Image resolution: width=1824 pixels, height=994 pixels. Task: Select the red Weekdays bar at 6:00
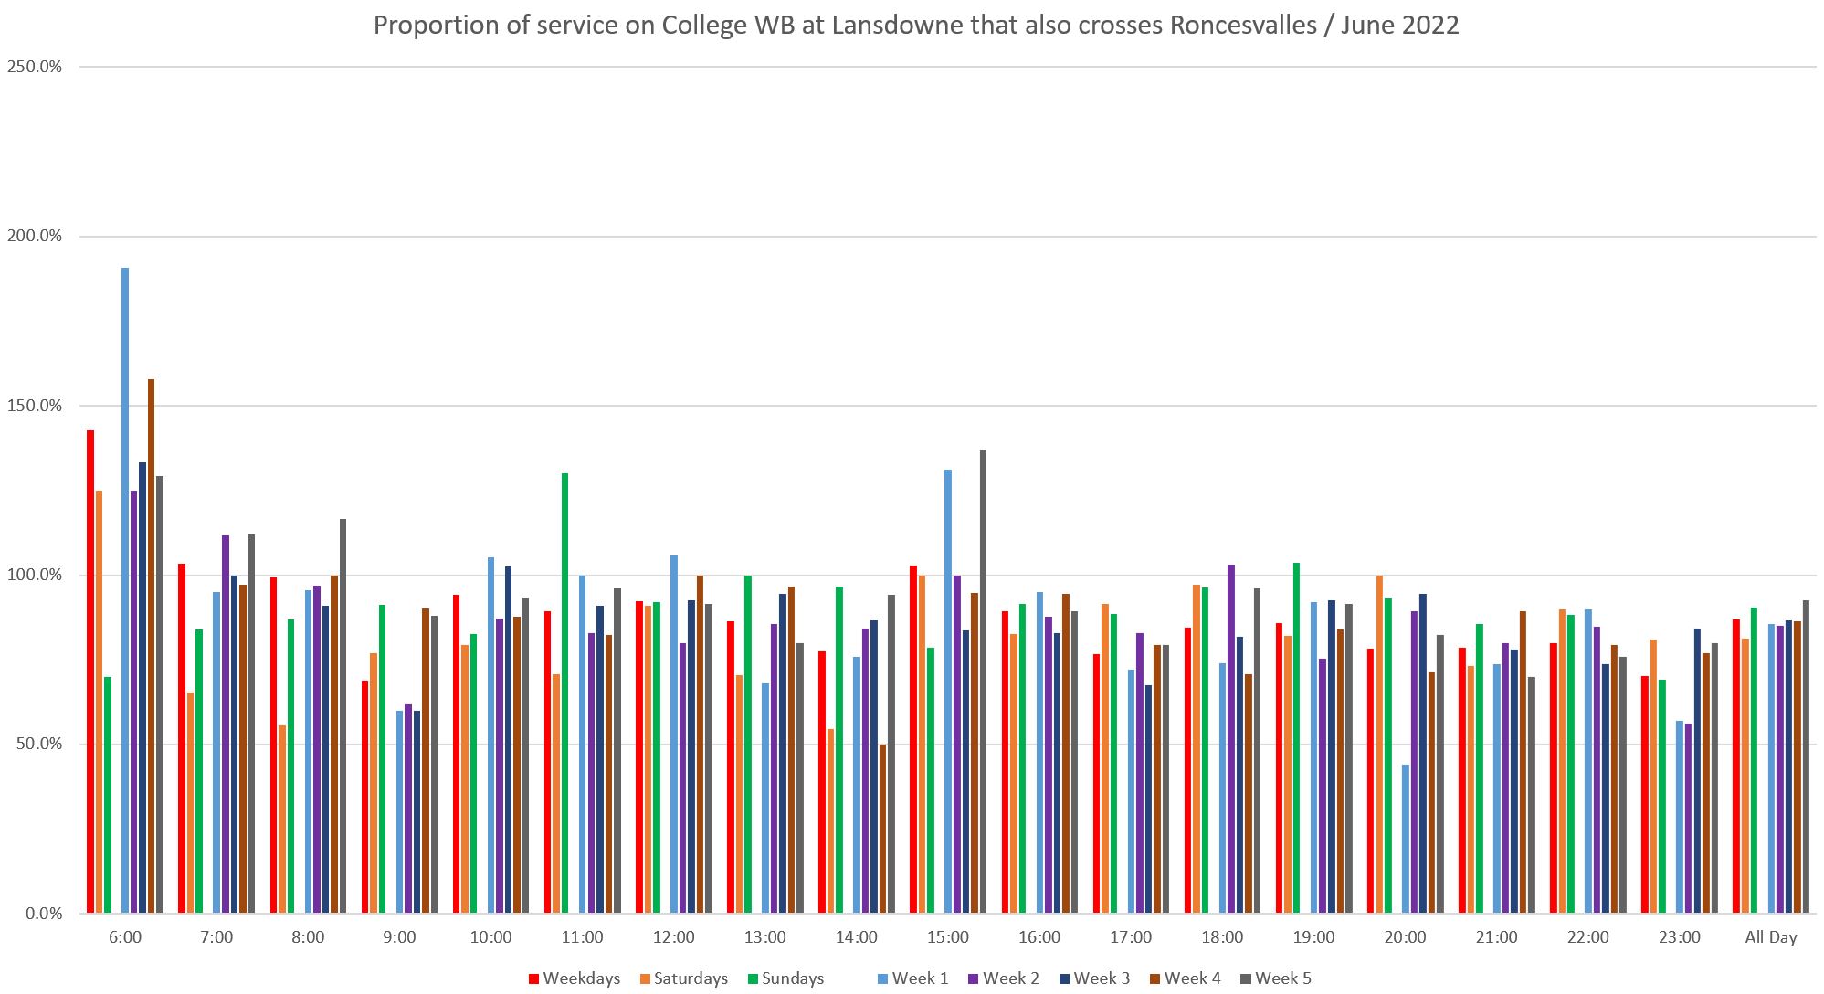click(90, 671)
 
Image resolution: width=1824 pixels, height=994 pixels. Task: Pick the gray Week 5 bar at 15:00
click(983, 682)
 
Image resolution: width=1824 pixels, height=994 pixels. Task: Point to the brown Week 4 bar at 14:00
click(882, 829)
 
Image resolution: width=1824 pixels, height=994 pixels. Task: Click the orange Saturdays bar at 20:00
click(1379, 744)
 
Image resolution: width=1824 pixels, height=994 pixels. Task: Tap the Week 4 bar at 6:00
click(152, 646)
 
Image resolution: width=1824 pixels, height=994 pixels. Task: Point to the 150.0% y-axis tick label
click(35, 406)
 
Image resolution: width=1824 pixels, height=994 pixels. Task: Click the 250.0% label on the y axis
click(35, 67)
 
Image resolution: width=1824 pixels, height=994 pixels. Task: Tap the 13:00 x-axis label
click(765, 937)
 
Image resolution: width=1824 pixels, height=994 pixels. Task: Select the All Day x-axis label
click(1770, 937)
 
